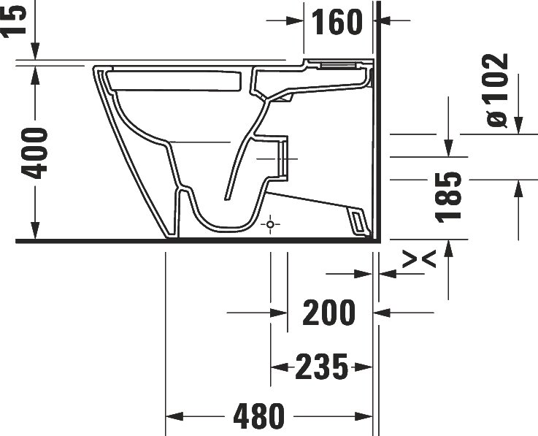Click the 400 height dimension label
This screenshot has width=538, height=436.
coord(34,153)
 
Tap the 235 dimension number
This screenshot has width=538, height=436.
coord(321,366)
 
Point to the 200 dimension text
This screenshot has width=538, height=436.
coord(329,313)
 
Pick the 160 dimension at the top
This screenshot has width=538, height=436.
coord(337,21)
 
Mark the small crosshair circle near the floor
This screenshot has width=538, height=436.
coord(270,224)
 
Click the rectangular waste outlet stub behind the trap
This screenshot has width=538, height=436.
coord(280,158)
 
